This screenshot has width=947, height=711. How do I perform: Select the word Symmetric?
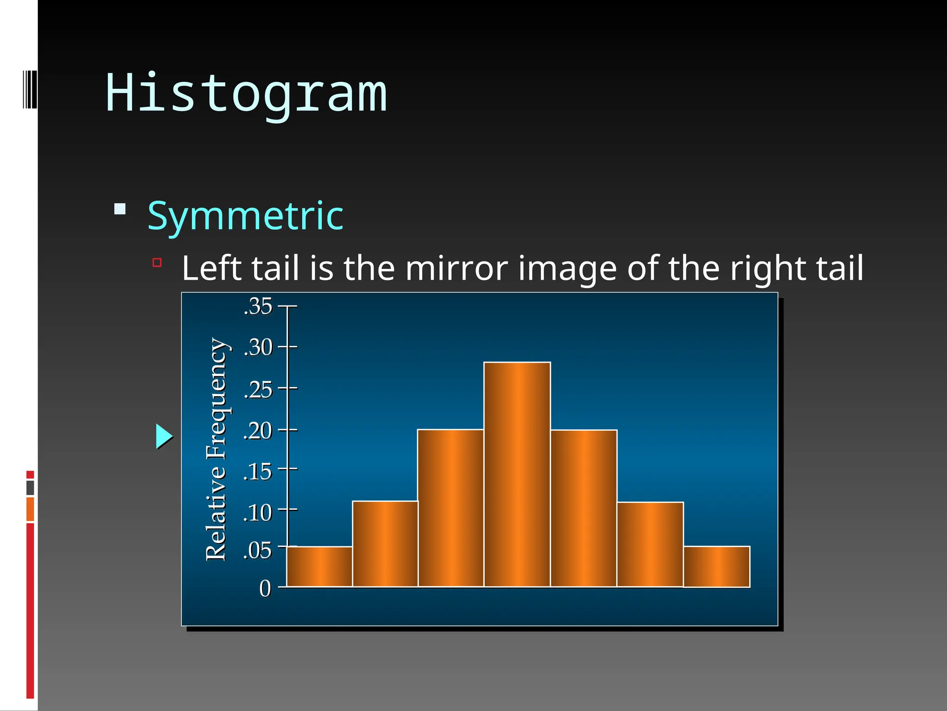pos(245,216)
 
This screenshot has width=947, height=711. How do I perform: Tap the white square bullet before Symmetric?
pos(120,209)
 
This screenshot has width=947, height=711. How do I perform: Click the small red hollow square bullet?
pos(157,263)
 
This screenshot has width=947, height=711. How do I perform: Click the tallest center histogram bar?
pos(517,474)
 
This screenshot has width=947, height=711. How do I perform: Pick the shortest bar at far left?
pos(320,567)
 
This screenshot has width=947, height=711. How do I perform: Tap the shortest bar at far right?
pos(716,567)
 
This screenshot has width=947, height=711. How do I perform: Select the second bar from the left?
pos(385,543)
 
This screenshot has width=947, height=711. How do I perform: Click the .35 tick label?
pos(258,306)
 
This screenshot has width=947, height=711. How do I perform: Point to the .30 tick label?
pos(258,347)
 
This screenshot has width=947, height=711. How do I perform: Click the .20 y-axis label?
pos(258,431)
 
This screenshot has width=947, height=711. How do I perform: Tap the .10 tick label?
pos(258,513)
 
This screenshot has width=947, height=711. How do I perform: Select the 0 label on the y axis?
pos(265,589)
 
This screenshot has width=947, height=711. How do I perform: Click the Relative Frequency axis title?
pos(216,449)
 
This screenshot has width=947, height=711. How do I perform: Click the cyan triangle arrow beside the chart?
pos(163,436)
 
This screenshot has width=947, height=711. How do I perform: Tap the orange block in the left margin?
pos(30,509)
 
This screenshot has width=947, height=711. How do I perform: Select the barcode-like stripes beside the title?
pos(30,89)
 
